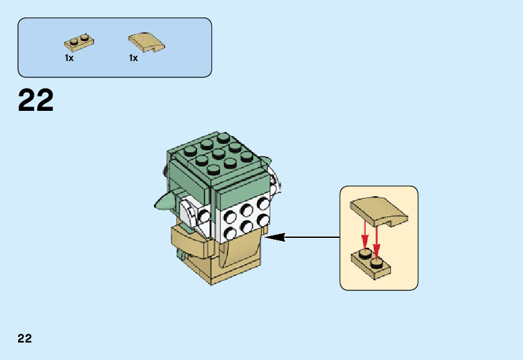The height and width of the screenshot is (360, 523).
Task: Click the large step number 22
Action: tap(36, 101)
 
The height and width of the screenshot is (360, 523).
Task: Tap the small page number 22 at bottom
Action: tap(24, 339)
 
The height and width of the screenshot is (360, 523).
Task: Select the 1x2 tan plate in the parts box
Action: tap(79, 42)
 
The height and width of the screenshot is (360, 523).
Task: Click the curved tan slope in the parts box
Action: tap(147, 42)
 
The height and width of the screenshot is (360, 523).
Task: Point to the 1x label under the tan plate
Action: tap(69, 58)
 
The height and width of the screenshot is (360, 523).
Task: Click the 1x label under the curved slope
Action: tap(133, 58)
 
